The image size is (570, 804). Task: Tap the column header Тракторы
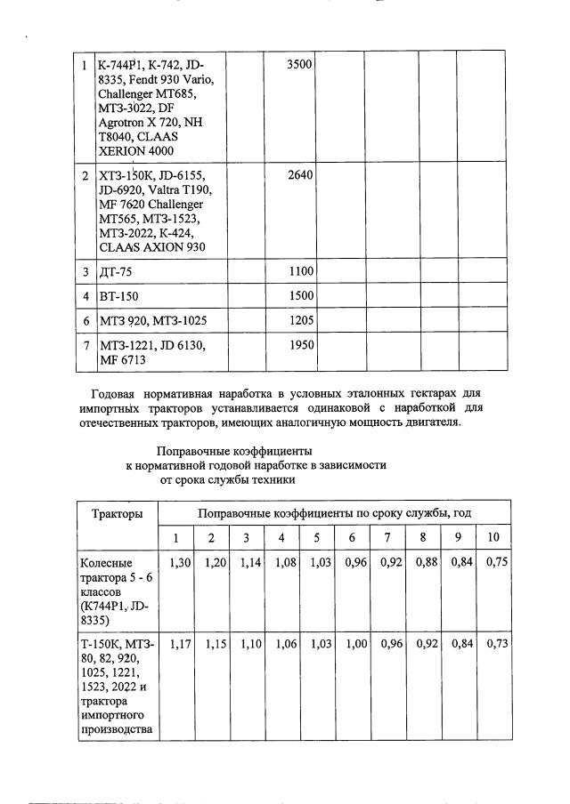(116, 513)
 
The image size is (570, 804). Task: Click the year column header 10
(493, 538)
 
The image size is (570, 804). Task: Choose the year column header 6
(353, 538)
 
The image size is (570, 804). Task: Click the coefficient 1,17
(180, 644)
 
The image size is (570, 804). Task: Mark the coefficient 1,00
(356, 644)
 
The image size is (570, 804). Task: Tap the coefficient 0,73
(497, 644)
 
